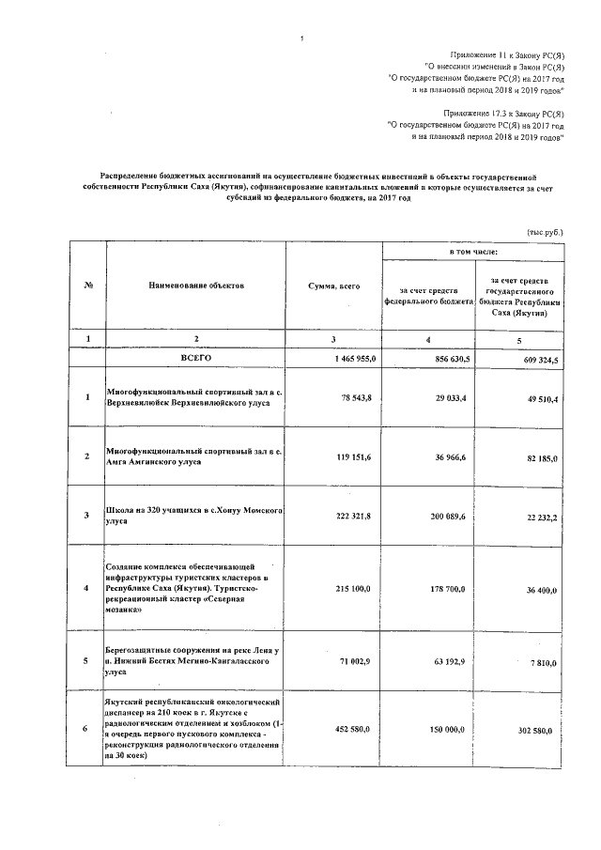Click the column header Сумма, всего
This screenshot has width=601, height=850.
(332, 285)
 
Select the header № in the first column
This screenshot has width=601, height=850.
(86, 284)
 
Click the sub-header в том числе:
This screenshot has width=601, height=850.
(473, 251)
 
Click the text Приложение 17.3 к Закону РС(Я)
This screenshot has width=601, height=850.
(504, 112)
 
